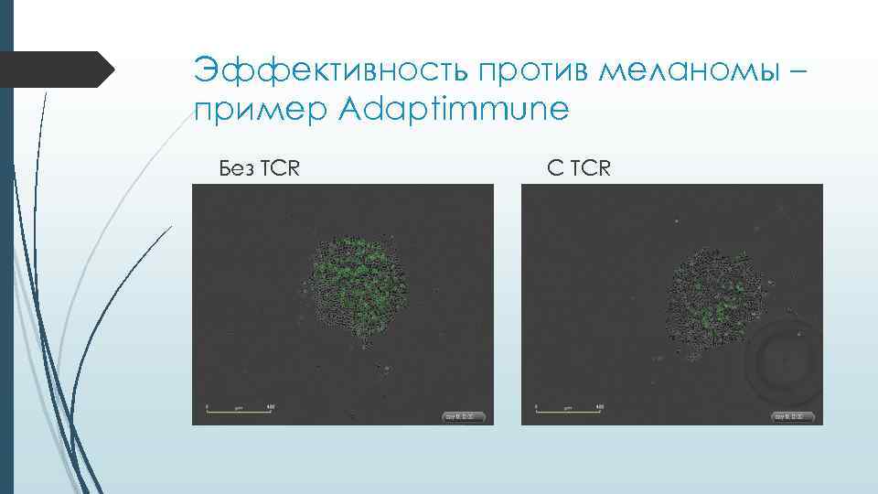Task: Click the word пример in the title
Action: [x=260, y=111]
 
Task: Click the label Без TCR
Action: [x=261, y=168]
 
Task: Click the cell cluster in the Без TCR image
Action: [x=358, y=288]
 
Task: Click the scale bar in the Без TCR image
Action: [x=239, y=411]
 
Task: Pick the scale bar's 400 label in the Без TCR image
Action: [x=270, y=404]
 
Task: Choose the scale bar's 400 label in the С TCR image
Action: [x=600, y=404]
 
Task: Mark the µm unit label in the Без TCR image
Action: [x=239, y=405]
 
